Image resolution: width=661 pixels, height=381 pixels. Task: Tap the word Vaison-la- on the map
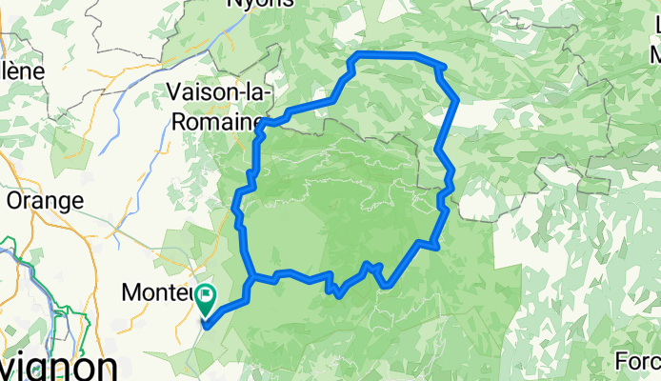pos(221,93)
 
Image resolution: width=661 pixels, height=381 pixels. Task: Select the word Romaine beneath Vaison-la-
pos(218,121)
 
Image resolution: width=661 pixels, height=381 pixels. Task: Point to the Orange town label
pos(45,201)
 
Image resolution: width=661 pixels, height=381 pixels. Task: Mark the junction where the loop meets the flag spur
pos(251,279)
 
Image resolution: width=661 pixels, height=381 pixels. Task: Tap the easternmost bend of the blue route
pos(458,100)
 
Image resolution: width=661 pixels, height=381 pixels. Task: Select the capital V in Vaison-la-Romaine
pos(173,93)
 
